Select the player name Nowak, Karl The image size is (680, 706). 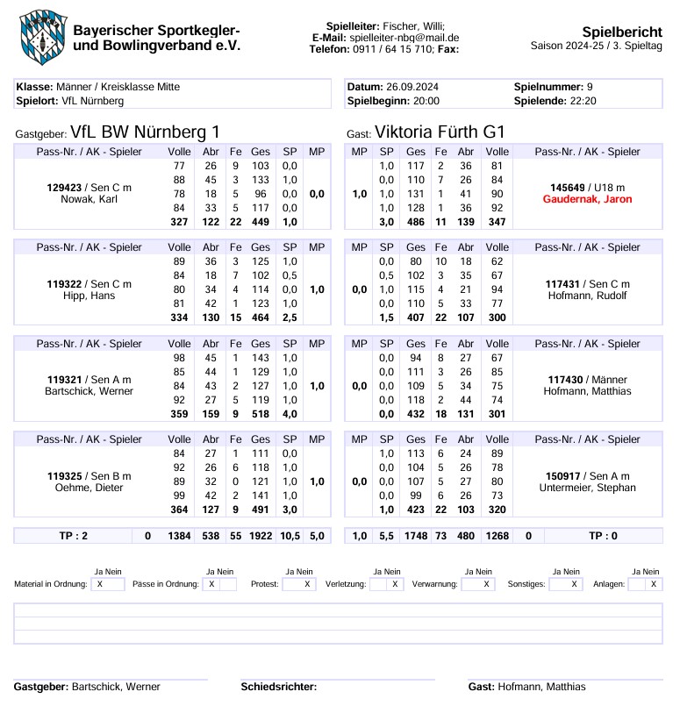click(89, 200)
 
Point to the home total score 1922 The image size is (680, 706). click(261, 535)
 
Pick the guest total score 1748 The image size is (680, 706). click(416, 535)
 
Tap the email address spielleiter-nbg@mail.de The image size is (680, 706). click(404, 39)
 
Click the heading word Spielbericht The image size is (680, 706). click(622, 32)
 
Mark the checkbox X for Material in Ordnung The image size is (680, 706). click(99, 584)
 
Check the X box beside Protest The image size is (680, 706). click(308, 584)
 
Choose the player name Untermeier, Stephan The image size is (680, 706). click(587, 488)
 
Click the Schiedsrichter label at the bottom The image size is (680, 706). click(278, 687)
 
